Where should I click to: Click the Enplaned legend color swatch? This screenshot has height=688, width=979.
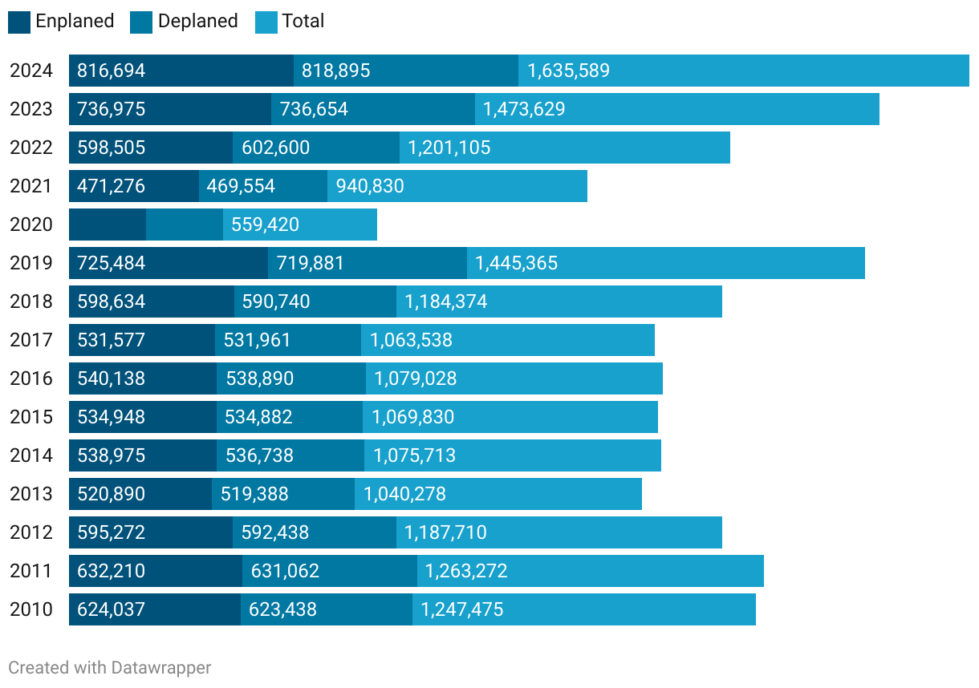click(19, 22)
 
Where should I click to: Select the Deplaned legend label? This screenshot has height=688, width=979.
click(197, 22)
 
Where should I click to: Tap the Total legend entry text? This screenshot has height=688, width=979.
click(303, 22)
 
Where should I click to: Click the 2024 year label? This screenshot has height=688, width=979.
click(31, 71)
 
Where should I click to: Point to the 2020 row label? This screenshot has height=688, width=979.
click(31, 225)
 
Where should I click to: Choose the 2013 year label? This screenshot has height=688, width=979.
click(31, 494)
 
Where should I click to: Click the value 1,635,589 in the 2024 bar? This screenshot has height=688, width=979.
click(568, 71)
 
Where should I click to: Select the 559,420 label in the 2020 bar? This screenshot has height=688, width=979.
click(265, 225)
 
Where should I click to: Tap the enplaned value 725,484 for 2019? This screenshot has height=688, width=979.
click(112, 263)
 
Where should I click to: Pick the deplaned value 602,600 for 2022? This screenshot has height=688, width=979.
click(275, 148)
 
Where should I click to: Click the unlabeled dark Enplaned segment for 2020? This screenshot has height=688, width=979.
click(108, 225)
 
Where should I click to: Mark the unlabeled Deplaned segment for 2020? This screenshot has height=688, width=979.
click(185, 225)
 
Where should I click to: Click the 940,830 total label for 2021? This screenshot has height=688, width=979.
click(370, 186)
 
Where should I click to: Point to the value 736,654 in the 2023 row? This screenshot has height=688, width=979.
click(314, 109)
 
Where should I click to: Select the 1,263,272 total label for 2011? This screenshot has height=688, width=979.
click(466, 571)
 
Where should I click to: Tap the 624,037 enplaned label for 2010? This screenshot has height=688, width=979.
click(112, 609)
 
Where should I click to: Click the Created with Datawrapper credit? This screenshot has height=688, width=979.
click(110, 667)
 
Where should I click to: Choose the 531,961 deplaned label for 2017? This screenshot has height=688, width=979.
click(258, 340)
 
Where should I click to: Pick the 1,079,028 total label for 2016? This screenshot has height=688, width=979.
click(415, 378)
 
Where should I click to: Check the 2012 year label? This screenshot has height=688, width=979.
click(31, 532)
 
